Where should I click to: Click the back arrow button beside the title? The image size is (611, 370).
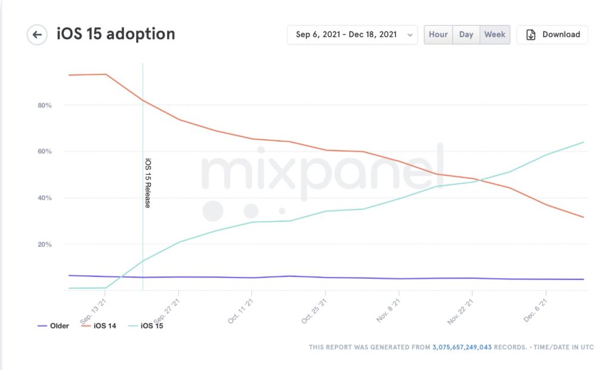pos(37,35)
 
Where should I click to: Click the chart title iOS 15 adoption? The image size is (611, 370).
pos(116,34)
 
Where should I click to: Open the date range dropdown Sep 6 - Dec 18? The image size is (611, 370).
pos(352,35)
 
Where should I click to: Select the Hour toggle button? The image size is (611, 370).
pos(438,35)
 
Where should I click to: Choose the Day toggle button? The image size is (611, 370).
pos(466,35)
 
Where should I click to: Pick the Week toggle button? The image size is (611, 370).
pos(495,35)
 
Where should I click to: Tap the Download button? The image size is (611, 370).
pos(553,35)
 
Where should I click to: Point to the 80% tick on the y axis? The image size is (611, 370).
pos(45,105)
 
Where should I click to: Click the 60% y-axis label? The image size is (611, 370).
pos(45,152)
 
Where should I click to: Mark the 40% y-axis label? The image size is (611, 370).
pos(45,198)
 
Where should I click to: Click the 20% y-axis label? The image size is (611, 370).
pos(45,245)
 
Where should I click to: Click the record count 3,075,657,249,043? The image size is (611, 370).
pos(462,347)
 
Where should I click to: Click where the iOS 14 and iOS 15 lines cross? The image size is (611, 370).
pos(481,179)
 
